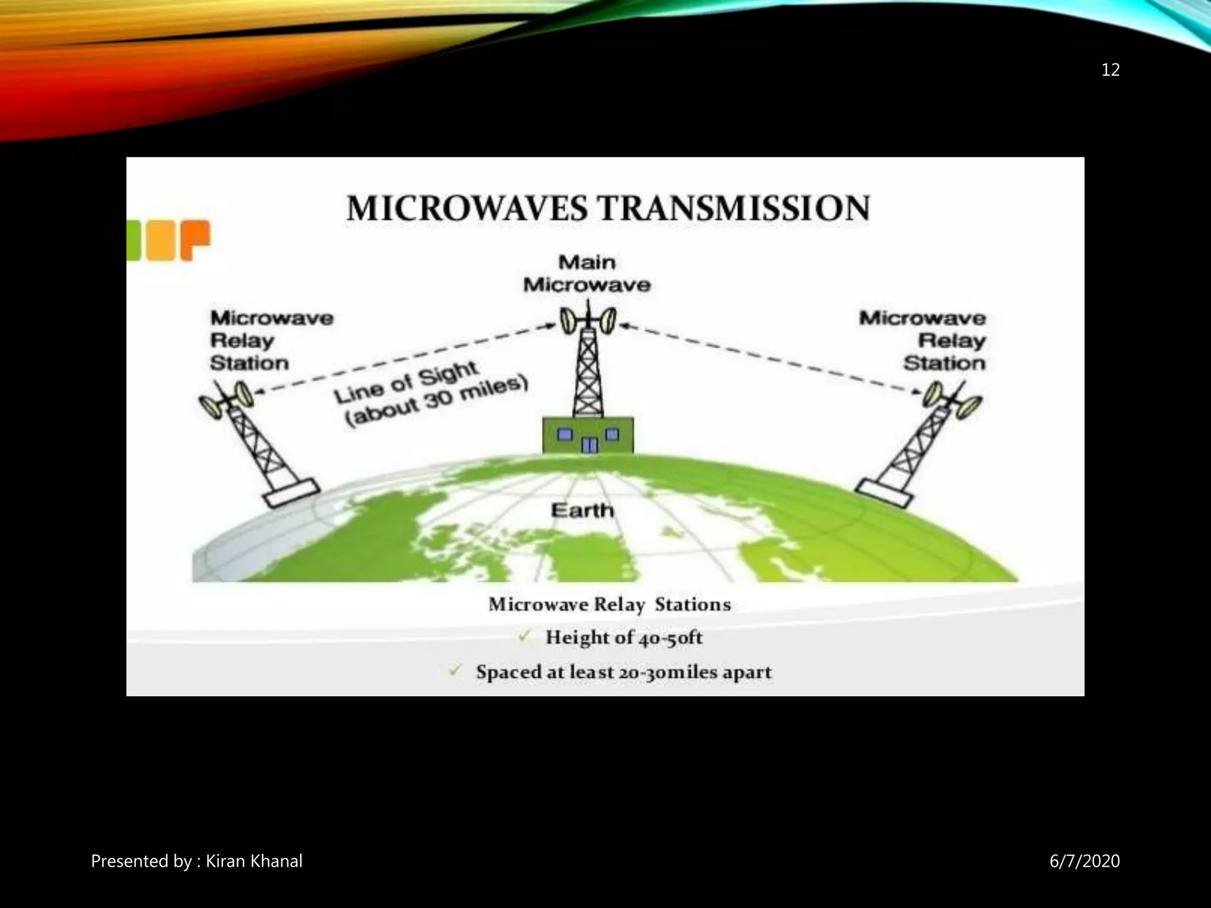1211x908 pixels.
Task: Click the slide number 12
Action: pyautogui.click(x=1110, y=70)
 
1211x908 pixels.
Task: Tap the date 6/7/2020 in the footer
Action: pyautogui.click(x=1084, y=861)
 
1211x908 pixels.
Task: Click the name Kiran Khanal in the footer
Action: pyautogui.click(x=254, y=861)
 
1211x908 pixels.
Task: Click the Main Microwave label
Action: pyautogui.click(x=587, y=274)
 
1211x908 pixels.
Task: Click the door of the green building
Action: pyautogui.click(x=589, y=445)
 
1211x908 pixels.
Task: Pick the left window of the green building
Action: pyautogui.click(x=565, y=435)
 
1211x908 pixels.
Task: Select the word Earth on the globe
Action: pyautogui.click(x=582, y=510)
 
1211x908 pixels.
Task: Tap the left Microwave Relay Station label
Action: pyautogui.click(x=271, y=340)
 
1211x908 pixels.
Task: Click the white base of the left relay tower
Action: pyautogui.click(x=291, y=494)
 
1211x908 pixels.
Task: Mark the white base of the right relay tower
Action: pyautogui.click(x=883, y=493)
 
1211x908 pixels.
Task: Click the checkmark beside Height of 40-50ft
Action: pyautogui.click(x=524, y=637)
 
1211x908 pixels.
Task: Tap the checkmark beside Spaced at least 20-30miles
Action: pyautogui.click(x=455, y=671)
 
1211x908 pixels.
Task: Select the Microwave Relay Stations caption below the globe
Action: pyautogui.click(x=610, y=604)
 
